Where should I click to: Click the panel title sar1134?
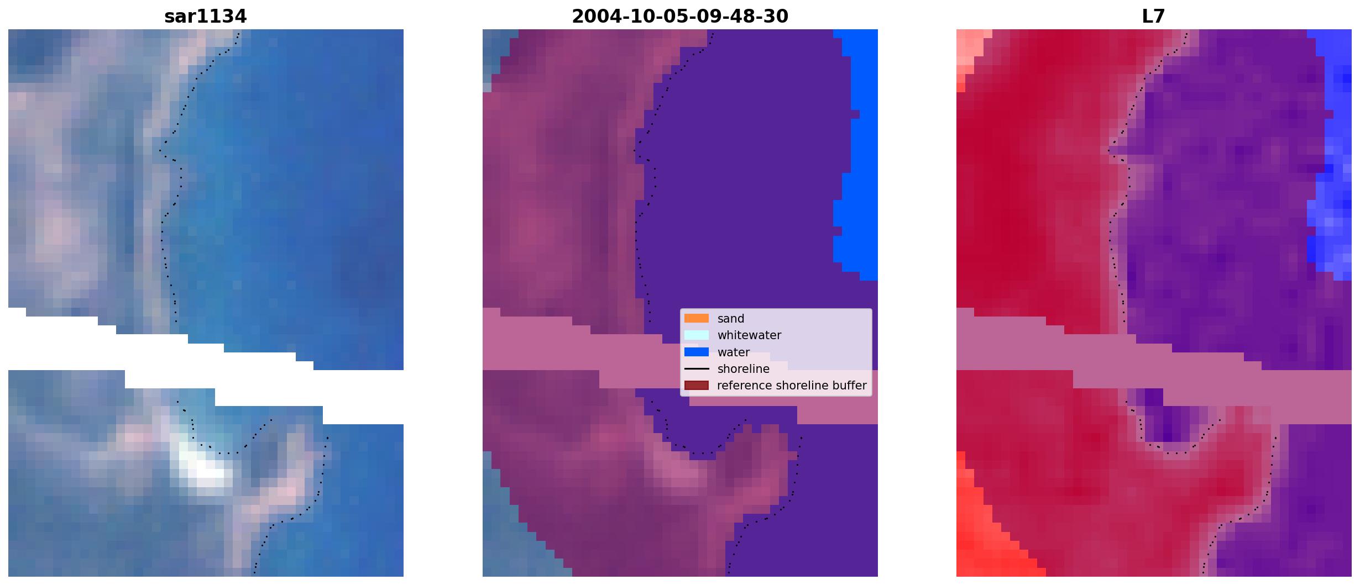tap(205, 17)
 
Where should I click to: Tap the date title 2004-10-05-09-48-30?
tap(679, 17)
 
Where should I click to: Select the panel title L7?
tap(1153, 17)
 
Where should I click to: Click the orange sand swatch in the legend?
tap(697, 318)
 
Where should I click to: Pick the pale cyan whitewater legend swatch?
tap(697, 335)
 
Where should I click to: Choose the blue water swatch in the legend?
tap(697, 352)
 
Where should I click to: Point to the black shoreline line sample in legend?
tap(697, 368)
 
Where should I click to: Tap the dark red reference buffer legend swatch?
tap(697, 385)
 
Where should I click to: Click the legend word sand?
tap(731, 319)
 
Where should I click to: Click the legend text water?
tap(734, 352)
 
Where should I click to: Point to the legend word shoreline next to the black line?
tap(744, 369)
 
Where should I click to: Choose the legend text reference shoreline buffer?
tap(792, 386)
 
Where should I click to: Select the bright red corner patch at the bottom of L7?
tap(990, 525)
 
